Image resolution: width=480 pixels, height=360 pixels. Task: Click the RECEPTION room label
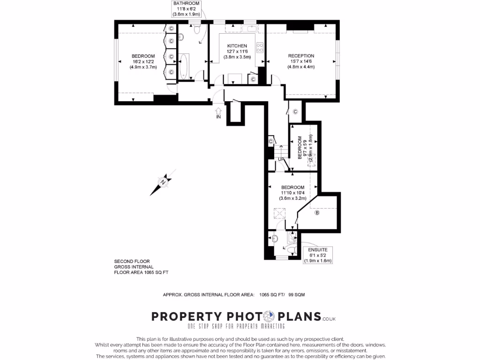[x=301, y=56]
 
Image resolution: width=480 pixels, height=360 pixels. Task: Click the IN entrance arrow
[x=218, y=113]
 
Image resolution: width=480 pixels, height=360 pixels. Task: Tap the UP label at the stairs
[x=280, y=159]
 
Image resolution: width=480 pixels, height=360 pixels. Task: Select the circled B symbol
[x=317, y=213]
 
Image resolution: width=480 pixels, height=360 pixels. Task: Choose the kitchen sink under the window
[x=249, y=29]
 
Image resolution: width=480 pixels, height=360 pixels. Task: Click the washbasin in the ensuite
[x=275, y=239]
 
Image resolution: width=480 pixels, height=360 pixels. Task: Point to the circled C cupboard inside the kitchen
[x=253, y=79]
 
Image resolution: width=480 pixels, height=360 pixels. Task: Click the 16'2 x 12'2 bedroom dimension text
[x=142, y=67]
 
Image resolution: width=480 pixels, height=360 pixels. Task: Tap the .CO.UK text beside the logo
[x=329, y=319]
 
